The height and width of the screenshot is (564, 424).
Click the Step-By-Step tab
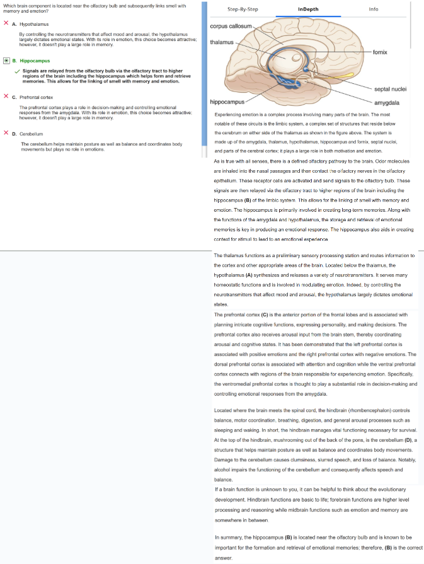click(x=242, y=9)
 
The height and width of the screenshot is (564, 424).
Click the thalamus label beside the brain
click(x=221, y=42)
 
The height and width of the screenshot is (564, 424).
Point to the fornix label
click(x=381, y=51)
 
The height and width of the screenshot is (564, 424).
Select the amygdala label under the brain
click(x=386, y=102)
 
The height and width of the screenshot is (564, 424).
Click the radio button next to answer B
click(x=6, y=60)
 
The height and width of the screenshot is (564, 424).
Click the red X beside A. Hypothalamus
click(x=6, y=23)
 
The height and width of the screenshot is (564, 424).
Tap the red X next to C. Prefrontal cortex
click(x=6, y=96)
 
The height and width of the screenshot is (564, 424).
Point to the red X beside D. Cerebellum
click(x=6, y=133)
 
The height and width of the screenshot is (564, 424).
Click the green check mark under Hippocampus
click(x=18, y=71)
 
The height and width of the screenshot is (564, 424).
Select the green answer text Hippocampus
click(x=35, y=61)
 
